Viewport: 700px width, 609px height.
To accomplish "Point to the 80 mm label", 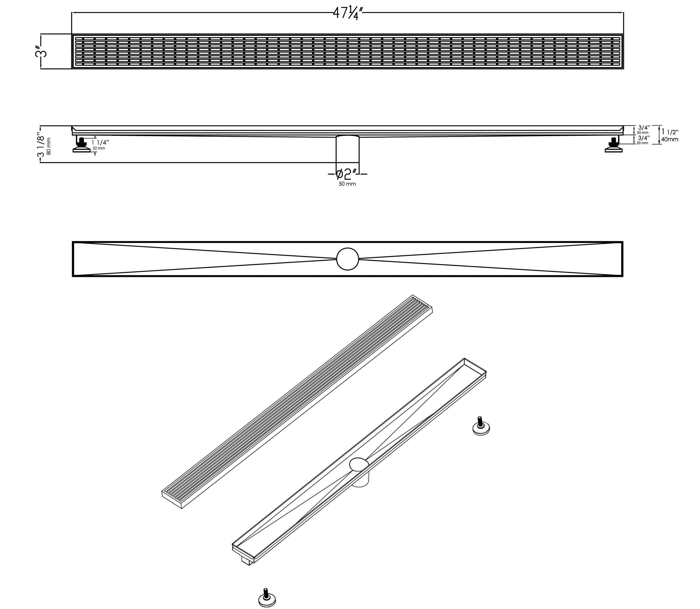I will tap(49, 146).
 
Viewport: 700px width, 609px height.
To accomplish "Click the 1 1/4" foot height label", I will tap(100, 143).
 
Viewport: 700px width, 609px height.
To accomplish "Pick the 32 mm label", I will tap(99, 149).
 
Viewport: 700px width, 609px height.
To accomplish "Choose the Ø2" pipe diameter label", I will tap(347, 174).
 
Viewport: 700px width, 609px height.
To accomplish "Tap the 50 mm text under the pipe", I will tap(347, 184).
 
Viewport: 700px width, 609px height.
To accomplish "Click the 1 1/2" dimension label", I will tap(670, 132).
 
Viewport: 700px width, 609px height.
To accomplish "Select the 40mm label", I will tap(670, 139).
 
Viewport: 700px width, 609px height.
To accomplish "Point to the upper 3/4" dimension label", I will tap(644, 128).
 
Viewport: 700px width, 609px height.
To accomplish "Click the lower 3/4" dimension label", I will tap(644, 138).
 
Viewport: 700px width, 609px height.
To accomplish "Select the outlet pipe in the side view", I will tap(348, 150).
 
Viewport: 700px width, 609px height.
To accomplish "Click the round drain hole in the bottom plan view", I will tap(348, 259).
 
